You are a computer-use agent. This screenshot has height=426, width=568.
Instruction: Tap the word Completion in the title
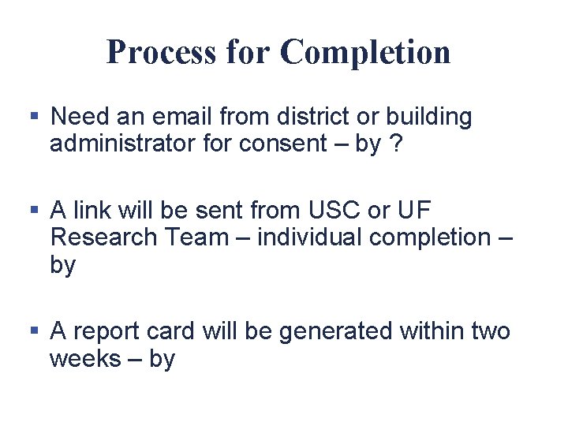coord(365,52)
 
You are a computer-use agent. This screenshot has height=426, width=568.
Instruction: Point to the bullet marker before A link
coord(34,211)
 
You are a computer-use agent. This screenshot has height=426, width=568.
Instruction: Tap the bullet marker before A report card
coord(34,331)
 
